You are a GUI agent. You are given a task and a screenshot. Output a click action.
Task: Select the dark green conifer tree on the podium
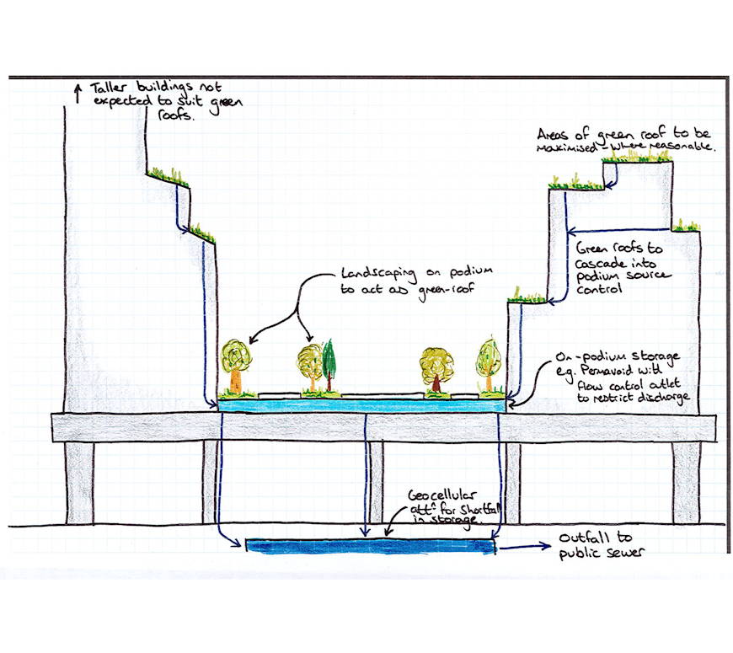coord(327,364)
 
